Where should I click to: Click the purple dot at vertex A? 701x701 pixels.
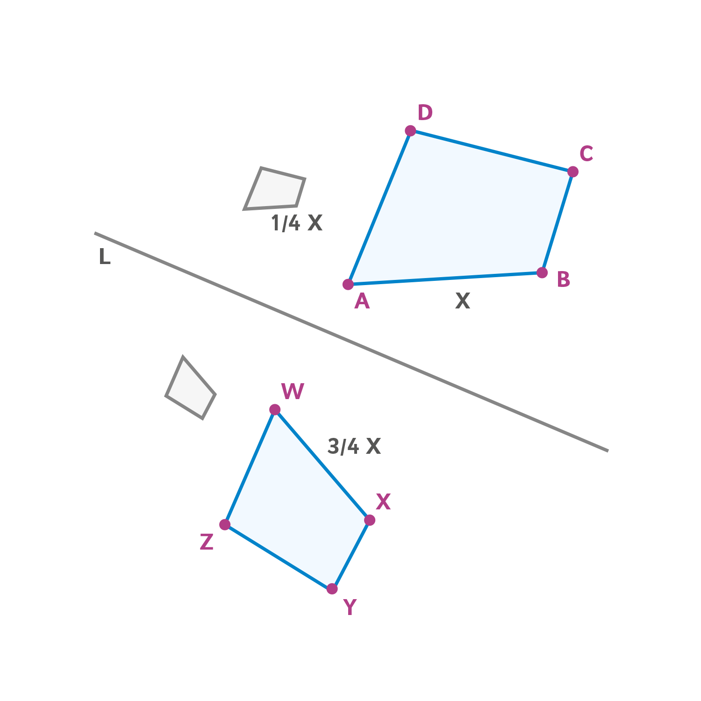(x=348, y=284)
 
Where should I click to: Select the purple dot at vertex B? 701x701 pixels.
(x=542, y=272)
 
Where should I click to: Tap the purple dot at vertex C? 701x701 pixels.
(x=573, y=172)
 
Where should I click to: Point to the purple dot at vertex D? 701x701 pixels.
(x=410, y=130)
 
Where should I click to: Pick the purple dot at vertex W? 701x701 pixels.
(x=275, y=410)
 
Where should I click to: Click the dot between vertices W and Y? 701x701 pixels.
(x=370, y=520)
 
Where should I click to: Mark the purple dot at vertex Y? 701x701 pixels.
(x=332, y=589)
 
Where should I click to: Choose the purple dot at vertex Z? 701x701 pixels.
(x=225, y=524)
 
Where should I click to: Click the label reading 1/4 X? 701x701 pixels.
(x=297, y=223)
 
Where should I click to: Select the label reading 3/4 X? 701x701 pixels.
(x=354, y=447)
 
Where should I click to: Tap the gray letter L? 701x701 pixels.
(x=105, y=257)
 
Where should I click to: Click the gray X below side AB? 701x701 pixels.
(x=463, y=301)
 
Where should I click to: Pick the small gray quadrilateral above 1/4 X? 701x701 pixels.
(x=275, y=188)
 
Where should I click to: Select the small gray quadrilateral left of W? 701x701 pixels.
(x=190, y=388)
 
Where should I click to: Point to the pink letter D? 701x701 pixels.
(x=425, y=113)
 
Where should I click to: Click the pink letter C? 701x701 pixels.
(x=586, y=154)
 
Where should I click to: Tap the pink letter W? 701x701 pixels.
(x=293, y=392)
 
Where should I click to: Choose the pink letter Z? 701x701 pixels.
(x=207, y=542)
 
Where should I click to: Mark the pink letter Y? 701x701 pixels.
(x=350, y=607)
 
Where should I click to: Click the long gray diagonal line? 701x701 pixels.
(x=351, y=342)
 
